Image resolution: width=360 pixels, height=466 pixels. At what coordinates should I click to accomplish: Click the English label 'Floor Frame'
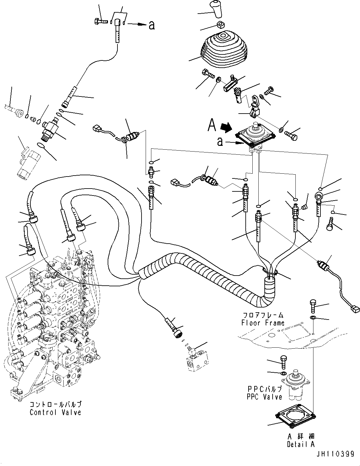click(x=263, y=323)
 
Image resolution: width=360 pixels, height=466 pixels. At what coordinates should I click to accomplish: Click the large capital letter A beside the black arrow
click(x=212, y=125)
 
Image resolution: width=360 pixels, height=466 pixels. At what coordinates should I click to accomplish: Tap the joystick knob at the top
click(x=216, y=9)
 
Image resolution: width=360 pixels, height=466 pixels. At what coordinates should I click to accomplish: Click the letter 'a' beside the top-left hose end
click(x=152, y=25)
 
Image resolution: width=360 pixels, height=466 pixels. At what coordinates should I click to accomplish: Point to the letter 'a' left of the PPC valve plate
click(x=220, y=142)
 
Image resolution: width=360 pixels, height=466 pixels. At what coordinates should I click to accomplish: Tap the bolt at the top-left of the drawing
click(x=101, y=21)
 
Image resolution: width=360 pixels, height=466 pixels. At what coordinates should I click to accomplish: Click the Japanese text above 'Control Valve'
click(x=55, y=405)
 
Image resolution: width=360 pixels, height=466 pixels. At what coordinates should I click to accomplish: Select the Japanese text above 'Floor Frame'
click(x=263, y=315)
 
